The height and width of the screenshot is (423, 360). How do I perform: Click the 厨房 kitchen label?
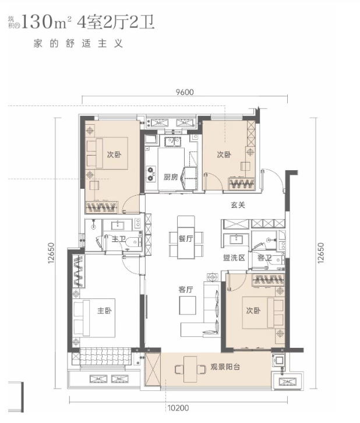171,178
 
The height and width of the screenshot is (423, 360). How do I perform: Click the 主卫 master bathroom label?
119,239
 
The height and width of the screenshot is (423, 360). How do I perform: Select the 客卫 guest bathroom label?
264,257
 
